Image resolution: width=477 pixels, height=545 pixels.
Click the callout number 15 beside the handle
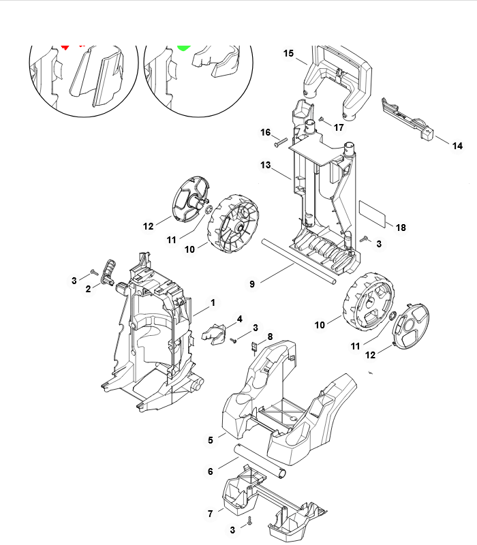pos(288,53)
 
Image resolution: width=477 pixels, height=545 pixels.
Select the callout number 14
pos(457,146)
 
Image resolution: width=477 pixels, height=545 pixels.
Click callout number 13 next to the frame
pos(266,166)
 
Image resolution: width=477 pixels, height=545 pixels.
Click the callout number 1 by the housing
pos(212,302)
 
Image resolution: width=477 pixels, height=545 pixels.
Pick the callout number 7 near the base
pos(210,512)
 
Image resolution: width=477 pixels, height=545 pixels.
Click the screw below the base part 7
pos(250,521)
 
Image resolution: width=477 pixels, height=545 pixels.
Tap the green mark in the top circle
pos(183,48)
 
